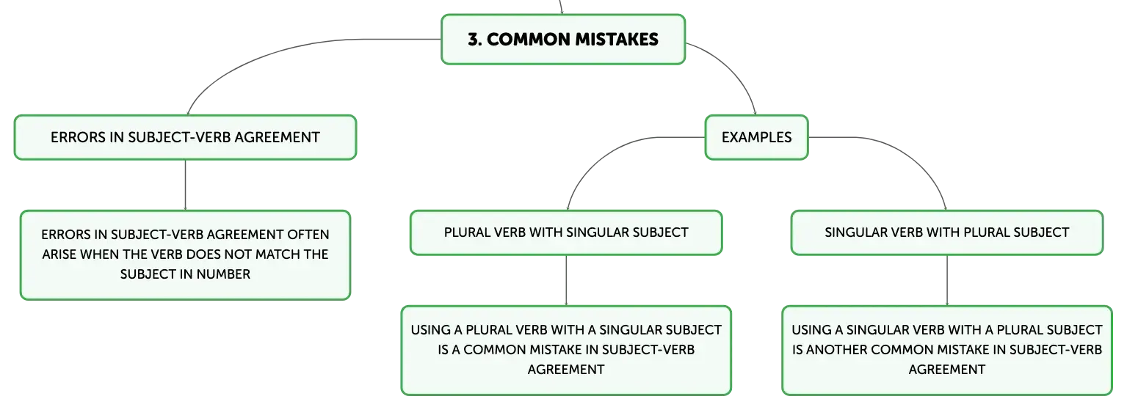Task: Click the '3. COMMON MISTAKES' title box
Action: pos(563,39)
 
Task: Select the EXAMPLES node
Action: pos(756,137)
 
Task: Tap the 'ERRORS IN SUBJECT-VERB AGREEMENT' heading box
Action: pos(185,137)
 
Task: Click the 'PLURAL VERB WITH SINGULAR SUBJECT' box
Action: pos(566,233)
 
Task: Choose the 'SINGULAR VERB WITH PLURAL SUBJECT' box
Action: pos(947,233)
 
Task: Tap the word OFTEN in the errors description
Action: pos(308,235)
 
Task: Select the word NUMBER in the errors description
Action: pos(223,274)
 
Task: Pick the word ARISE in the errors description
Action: pos(59,255)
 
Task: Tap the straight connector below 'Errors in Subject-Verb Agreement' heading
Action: pos(185,185)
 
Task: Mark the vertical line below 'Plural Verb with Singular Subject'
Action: pos(566,280)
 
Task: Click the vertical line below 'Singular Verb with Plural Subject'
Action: pos(947,280)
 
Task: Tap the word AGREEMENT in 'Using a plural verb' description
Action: pos(566,370)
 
